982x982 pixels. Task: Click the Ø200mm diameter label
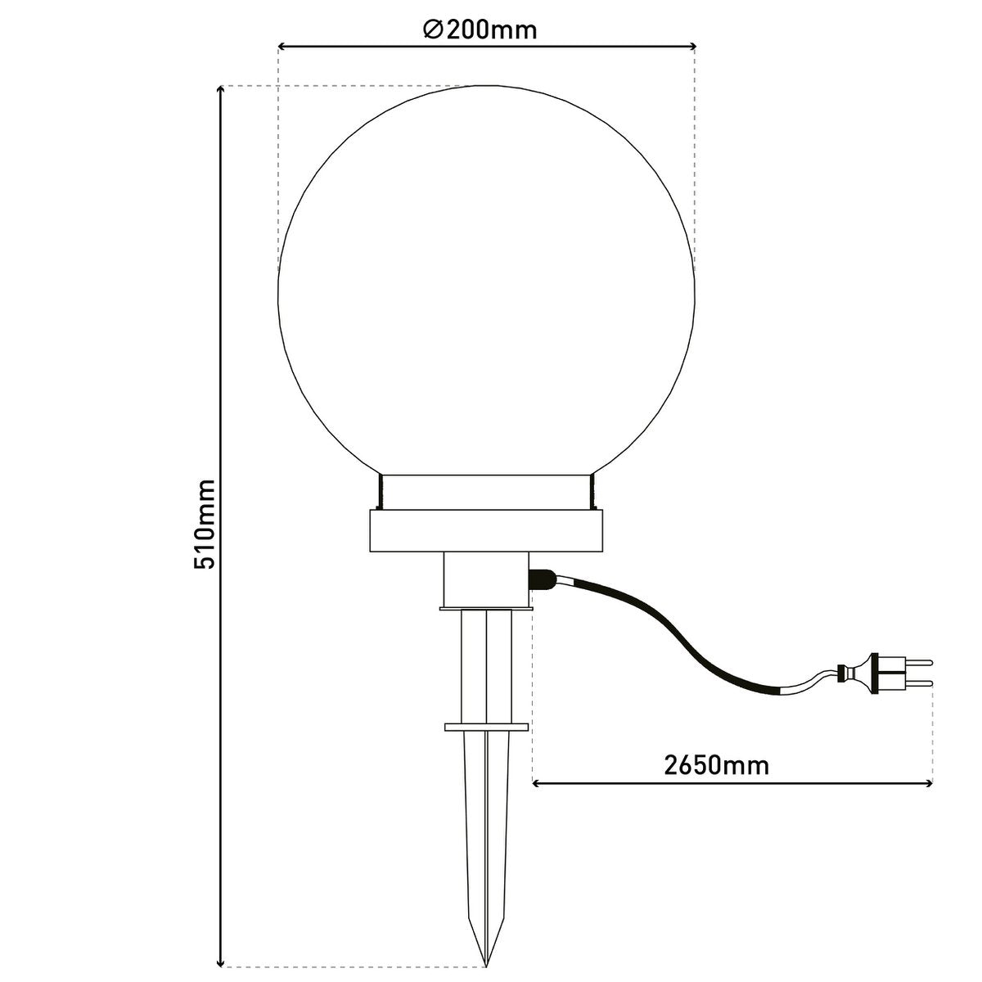(x=480, y=29)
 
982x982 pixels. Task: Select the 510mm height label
(x=204, y=525)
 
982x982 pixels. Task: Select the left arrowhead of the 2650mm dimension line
(x=538, y=784)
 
